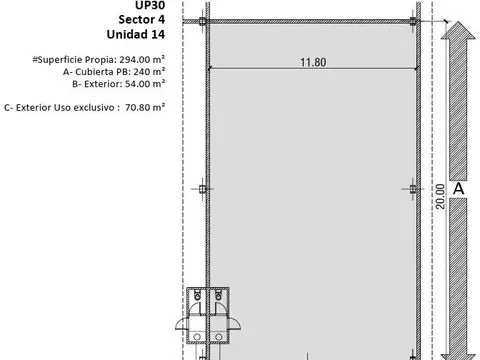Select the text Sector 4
click(x=142, y=18)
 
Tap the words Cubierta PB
click(x=92, y=72)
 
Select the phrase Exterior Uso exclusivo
click(x=61, y=105)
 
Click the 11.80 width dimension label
click(x=311, y=62)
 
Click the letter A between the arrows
click(x=458, y=188)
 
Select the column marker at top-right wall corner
click(x=416, y=22)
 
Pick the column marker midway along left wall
click(x=201, y=188)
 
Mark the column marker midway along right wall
click(x=416, y=188)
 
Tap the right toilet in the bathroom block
click(x=218, y=296)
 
